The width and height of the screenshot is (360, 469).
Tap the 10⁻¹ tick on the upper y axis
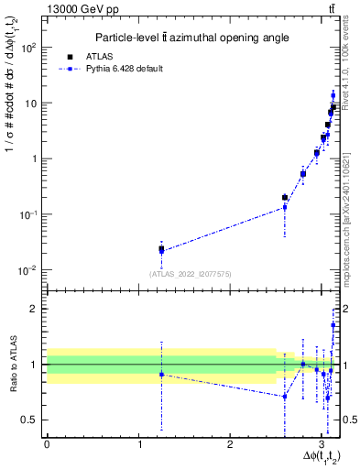30,214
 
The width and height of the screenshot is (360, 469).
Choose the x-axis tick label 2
230,444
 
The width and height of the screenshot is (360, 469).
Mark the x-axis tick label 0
46,444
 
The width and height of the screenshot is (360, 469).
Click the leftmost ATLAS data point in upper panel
161,248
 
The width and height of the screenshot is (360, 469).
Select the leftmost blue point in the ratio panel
161,375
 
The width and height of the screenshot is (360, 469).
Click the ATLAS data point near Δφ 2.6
285,197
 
